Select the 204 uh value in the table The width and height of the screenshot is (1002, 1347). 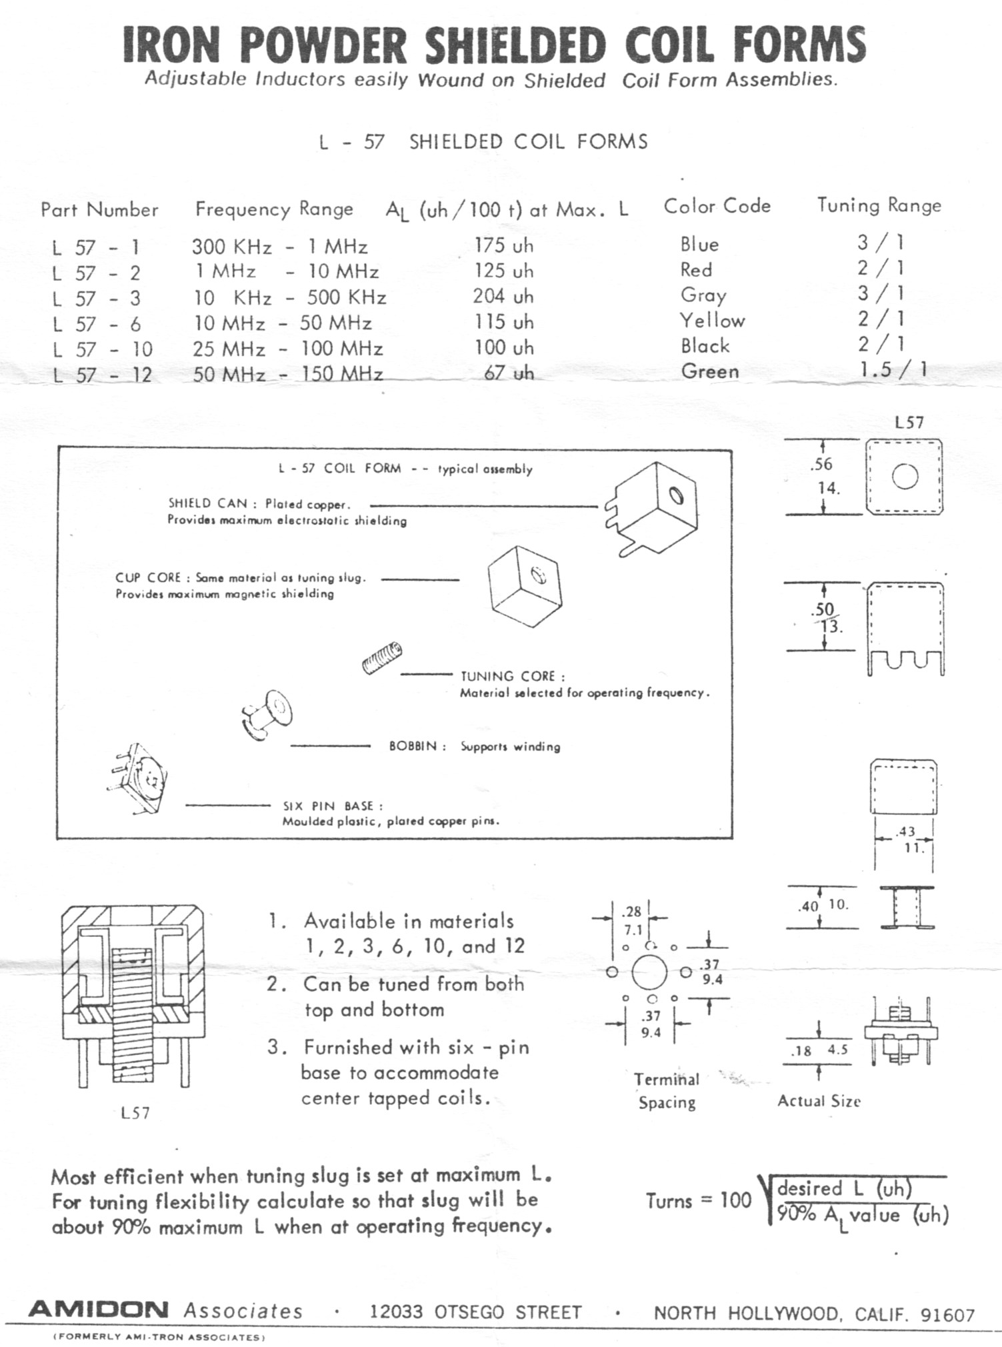pyautogui.click(x=503, y=296)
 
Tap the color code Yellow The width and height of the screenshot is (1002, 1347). pyautogui.click(x=712, y=321)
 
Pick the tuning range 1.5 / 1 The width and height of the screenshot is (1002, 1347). pyautogui.click(x=893, y=369)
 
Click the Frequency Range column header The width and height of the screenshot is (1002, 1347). pyautogui.click(x=274, y=209)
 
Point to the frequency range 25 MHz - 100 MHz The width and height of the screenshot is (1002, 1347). pyautogui.click(x=287, y=349)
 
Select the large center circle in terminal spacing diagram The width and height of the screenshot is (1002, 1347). pyautogui.click(x=649, y=973)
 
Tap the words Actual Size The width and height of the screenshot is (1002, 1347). pyautogui.click(x=819, y=1101)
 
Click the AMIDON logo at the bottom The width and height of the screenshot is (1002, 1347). pyautogui.click(x=99, y=1309)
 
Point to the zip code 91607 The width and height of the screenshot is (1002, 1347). pyautogui.click(x=947, y=1315)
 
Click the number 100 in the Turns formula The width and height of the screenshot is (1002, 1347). pyautogui.click(x=735, y=1201)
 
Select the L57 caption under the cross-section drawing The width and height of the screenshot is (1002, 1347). pyautogui.click(x=135, y=1113)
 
